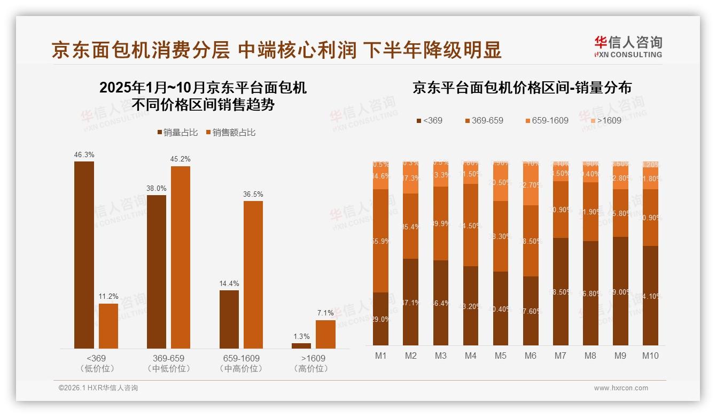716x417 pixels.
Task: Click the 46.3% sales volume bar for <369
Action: coord(84,255)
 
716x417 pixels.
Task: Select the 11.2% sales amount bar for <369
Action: coord(108,326)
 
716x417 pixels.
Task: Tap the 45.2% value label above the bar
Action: coord(181,159)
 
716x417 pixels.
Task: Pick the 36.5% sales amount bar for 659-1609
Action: coord(253,275)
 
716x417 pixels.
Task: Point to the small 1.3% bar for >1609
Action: coord(301,346)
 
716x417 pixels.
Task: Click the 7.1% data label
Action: coord(325,313)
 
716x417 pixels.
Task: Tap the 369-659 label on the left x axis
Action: coord(168,358)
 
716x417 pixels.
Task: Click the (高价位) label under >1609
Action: coord(313,368)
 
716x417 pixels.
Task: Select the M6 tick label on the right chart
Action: coord(530,356)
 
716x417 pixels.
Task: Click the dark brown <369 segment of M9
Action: coord(620,291)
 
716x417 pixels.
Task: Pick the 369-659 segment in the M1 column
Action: coord(380,241)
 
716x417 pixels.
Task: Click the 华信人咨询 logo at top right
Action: coord(628,46)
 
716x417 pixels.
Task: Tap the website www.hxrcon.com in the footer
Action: coord(621,388)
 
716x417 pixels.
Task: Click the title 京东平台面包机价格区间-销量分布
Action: coord(522,88)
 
